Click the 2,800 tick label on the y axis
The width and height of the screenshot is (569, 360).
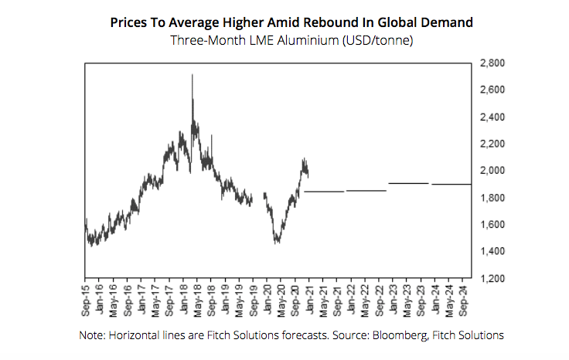492,63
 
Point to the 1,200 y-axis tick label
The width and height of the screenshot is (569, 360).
492,278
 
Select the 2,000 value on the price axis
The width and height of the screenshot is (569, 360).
492,171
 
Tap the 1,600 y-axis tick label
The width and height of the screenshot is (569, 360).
492,225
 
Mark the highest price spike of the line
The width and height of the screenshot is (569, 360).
192,75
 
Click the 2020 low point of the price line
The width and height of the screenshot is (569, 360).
277,243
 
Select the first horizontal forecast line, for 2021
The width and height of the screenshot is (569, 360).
323,192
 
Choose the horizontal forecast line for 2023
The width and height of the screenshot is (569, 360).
408,183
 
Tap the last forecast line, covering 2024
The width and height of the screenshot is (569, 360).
451,185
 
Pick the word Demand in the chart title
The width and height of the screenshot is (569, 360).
445,23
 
